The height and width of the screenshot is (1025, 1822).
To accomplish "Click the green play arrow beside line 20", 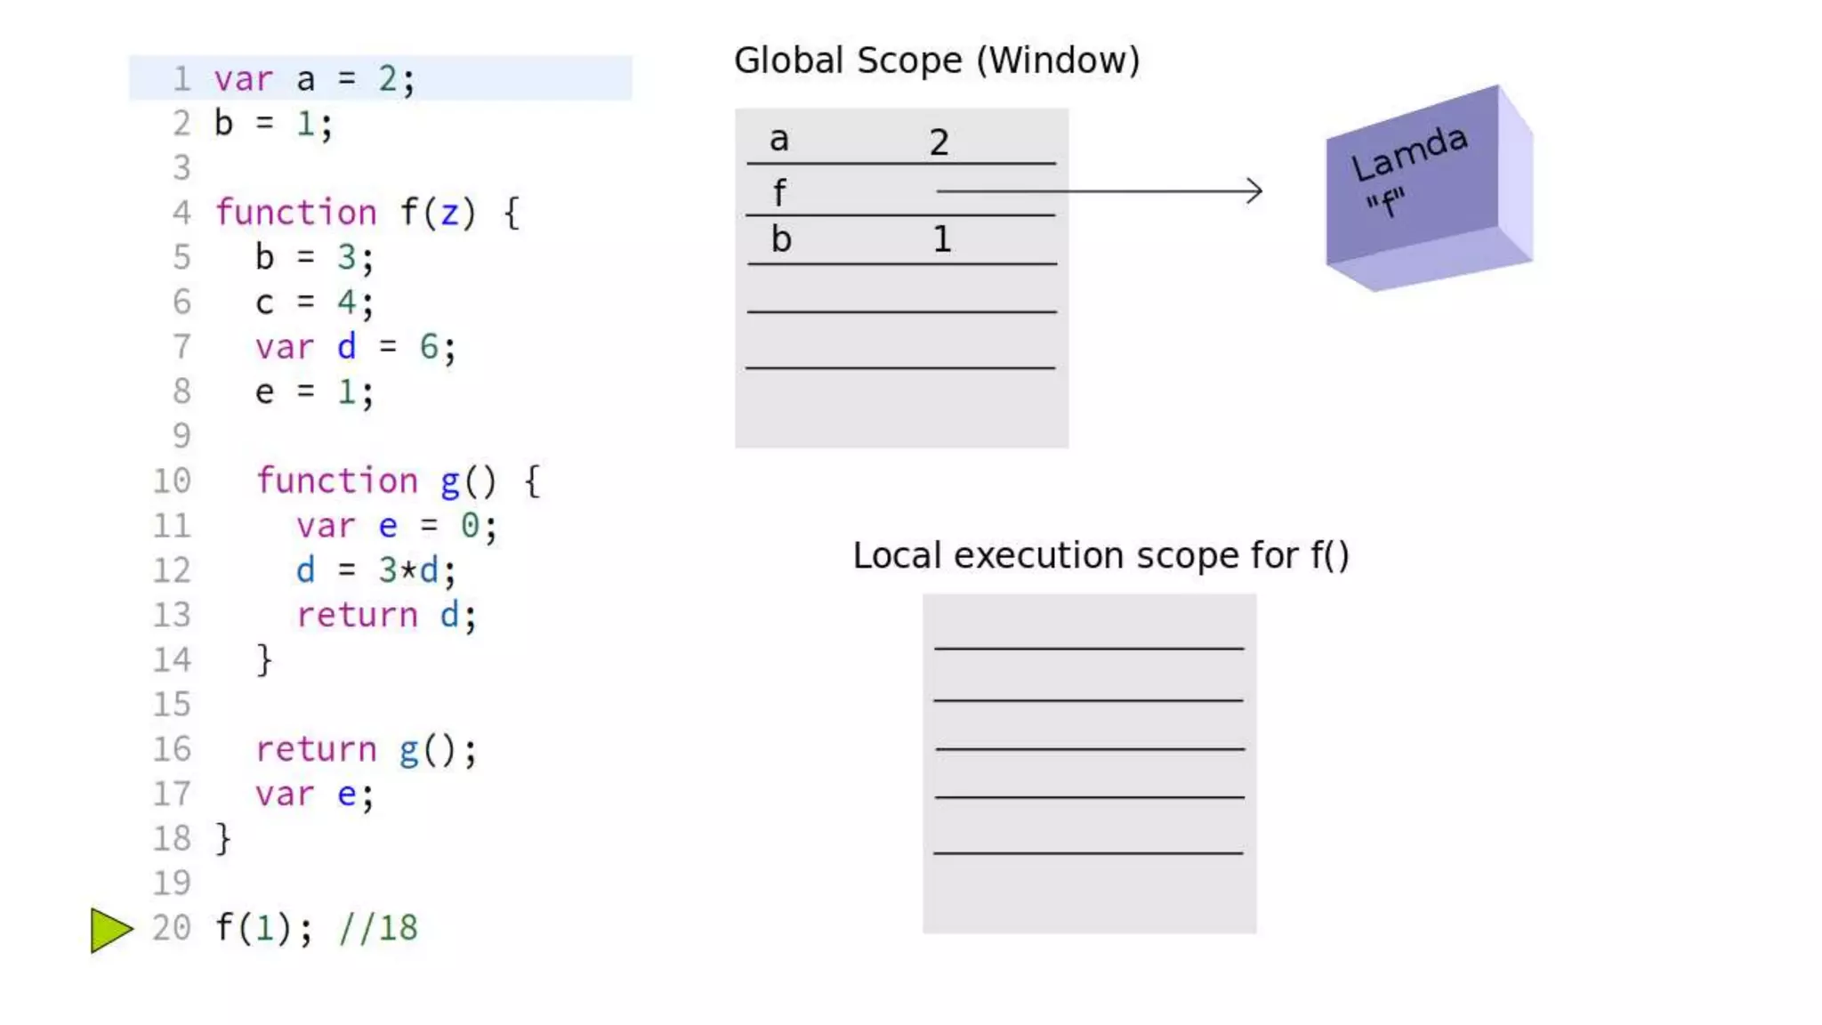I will click(110, 930).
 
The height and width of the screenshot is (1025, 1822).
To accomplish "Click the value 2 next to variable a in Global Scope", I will click(939, 142).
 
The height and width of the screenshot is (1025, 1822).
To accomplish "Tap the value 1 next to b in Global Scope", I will click(941, 239).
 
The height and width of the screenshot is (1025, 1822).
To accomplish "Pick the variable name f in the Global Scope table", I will click(779, 192).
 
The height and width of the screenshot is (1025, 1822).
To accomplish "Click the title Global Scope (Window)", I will click(936, 61).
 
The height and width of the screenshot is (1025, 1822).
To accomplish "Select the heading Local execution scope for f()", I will click(1100, 555).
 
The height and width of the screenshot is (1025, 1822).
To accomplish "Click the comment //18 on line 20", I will click(378, 928).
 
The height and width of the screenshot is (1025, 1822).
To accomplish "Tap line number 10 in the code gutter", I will click(172, 481).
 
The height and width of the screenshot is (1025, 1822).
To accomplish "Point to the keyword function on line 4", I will click(296, 213).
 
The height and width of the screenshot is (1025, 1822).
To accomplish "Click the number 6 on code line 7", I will click(428, 347).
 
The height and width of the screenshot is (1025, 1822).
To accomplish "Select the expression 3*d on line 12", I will click(408, 570).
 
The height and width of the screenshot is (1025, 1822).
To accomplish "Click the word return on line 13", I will click(357, 615).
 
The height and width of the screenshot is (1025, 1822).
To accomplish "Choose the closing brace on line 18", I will click(223, 839).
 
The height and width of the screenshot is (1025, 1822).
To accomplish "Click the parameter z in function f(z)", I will click(449, 213).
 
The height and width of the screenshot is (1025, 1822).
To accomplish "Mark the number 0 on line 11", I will click(469, 526).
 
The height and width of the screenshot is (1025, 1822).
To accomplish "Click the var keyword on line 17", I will click(285, 794).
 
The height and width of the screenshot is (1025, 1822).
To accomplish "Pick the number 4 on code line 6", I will click(345, 303).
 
